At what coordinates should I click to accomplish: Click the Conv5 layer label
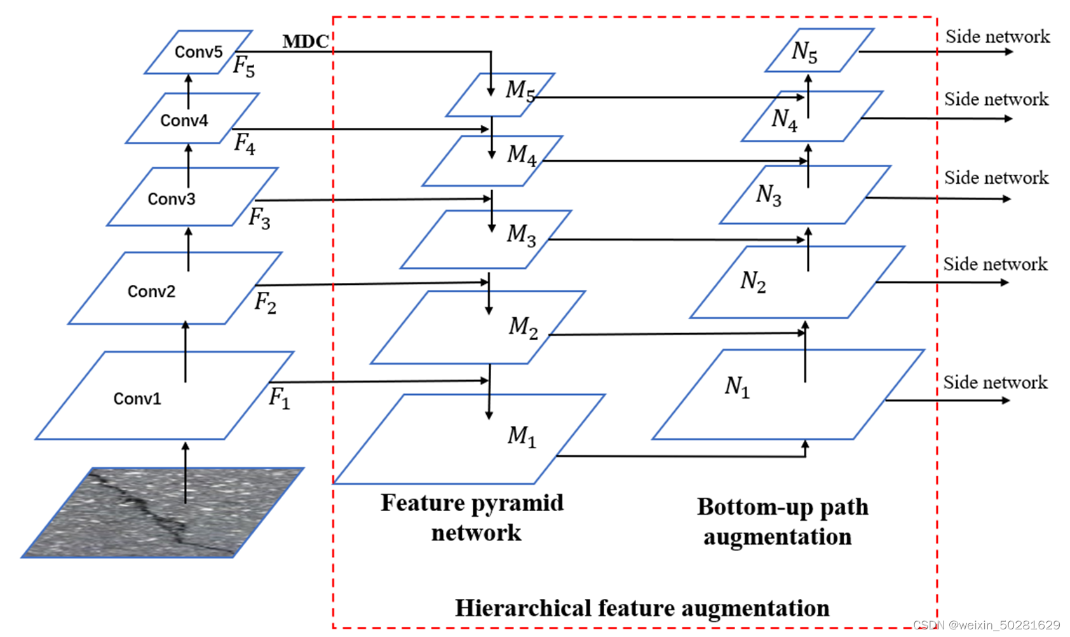(198, 52)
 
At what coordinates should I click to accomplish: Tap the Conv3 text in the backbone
(171, 199)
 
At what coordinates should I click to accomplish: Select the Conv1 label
(137, 399)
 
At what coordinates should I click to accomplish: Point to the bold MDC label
(306, 42)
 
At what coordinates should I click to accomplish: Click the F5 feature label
(244, 66)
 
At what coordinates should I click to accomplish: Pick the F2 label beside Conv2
(265, 303)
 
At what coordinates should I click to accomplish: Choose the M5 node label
(520, 90)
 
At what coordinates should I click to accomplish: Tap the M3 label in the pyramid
(521, 235)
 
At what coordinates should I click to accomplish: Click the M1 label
(522, 436)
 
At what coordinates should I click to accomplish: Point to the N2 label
(753, 281)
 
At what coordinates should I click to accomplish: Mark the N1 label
(737, 386)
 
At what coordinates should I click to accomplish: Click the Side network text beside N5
(997, 37)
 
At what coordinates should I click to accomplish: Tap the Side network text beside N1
(995, 382)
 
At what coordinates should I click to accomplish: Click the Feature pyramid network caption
(473, 517)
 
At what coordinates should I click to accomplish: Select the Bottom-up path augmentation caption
(782, 521)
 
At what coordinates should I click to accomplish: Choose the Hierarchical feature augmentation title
(642, 608)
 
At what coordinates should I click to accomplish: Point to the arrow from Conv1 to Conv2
(186, 352)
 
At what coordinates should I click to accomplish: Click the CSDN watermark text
(986, 626)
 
